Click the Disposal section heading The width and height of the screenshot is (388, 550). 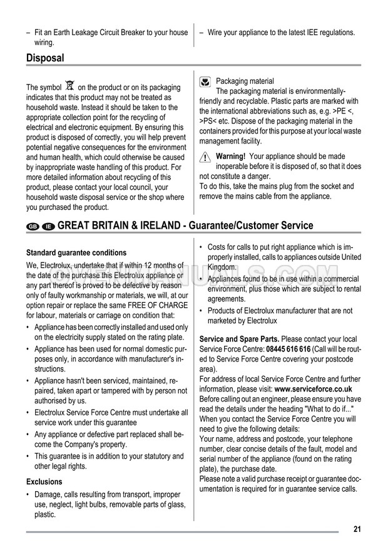click(45, 58)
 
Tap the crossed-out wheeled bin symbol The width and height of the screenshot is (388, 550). click(69, 86)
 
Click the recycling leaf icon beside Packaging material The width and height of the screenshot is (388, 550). click(205, 81)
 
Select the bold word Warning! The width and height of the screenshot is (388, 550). click(230, 157)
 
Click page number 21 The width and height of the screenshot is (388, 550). click(357, 529)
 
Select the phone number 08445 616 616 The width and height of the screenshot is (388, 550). click(288, 349)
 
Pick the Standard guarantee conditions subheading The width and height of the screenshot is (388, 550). click(76, 253)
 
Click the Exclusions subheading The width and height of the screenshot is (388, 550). click(44, 482)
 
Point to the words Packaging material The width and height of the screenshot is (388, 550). click(245, 81)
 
